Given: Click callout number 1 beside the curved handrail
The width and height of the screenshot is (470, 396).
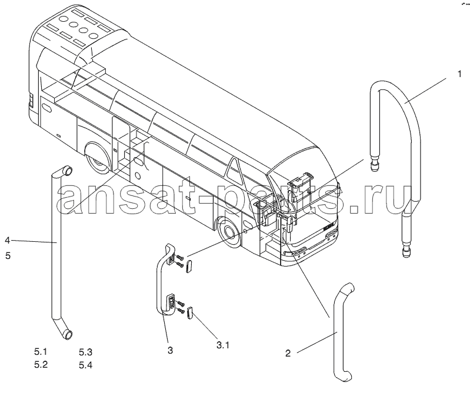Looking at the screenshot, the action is (x=459, y=74).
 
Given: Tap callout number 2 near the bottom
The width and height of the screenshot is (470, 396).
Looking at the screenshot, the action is (x=288, y=354).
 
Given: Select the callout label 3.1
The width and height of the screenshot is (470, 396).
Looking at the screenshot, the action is (x=223, y=345).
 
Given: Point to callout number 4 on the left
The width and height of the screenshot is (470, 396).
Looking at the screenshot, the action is (x=8, y=241).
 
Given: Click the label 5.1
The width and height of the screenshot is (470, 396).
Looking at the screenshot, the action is (x=41, y=351).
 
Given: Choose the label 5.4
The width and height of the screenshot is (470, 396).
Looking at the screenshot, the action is (x=86, y=365).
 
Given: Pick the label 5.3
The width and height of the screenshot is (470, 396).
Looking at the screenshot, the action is (x=85, y=352).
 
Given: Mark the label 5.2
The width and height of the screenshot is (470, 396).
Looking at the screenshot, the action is (x=41, y=365).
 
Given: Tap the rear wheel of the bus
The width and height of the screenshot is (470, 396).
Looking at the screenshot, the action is (x=98, y=158).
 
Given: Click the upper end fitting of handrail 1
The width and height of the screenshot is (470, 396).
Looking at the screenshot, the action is (x=374, y=164).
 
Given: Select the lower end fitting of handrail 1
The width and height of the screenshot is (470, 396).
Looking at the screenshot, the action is (x=406, y=249).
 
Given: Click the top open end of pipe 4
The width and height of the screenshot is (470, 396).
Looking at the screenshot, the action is (x=68, y=171).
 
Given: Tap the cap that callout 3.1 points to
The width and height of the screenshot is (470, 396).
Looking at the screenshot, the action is (x=190, y=313).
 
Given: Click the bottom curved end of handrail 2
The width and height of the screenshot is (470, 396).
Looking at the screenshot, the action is (x=344, y=375).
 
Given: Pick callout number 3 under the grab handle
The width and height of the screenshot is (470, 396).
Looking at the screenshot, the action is (x=170, y=350).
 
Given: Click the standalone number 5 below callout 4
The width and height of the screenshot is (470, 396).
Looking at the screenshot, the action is (x=8, y=256).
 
